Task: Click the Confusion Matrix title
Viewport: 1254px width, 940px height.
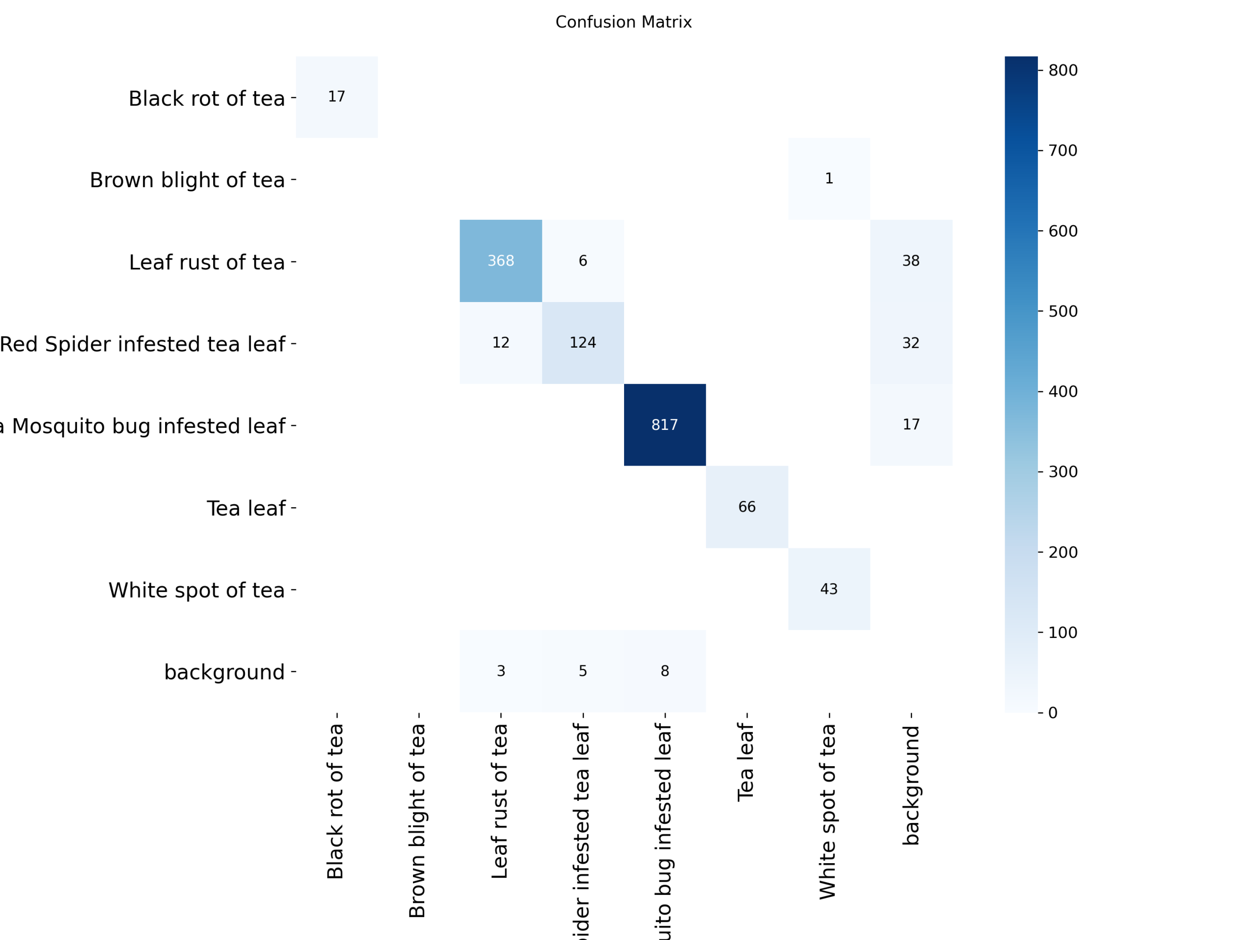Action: tap(623, 22)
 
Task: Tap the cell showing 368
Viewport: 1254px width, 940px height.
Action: tap(501, 260)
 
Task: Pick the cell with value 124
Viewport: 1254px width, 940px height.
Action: tap(583, 342)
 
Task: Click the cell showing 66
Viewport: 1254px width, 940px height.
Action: tap(747, 507)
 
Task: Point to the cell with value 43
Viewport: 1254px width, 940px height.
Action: tap(829, 588)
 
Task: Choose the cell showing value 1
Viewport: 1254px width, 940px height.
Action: tap(829, 179)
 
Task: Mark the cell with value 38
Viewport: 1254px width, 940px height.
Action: tap(911, 260)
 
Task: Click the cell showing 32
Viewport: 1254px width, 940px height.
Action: tap(911, 343)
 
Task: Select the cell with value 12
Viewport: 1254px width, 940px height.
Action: tap(501, 342)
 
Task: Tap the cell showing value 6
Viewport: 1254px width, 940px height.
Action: tap(583, 260)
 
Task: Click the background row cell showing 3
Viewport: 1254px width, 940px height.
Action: tap(501, 671)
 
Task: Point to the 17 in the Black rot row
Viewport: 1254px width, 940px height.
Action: tap(336, 97)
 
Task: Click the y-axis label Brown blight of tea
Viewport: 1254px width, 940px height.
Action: tap(187, 180)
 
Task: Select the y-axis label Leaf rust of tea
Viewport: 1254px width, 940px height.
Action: tap(206, 262)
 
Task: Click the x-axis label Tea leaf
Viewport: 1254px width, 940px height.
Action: tap(746, 762)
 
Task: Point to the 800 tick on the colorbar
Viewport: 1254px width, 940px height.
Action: tap(1062, 70)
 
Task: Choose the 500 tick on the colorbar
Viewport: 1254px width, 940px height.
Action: tap(1062, 311)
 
